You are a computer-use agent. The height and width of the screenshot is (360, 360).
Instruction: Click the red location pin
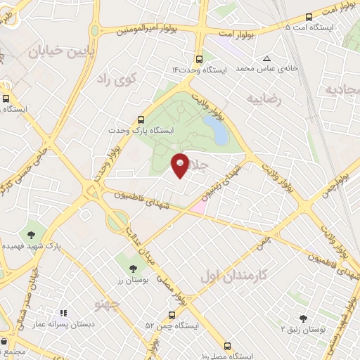click(181, 165)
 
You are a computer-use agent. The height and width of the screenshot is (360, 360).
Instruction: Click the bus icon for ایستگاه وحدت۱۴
click(200, 59)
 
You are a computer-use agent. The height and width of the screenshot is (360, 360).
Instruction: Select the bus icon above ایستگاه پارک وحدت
click(141, 120)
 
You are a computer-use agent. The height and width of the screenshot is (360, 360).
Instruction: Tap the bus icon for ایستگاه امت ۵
click(310, 16)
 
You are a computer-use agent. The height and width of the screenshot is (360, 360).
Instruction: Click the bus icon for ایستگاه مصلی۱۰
click(226, 346)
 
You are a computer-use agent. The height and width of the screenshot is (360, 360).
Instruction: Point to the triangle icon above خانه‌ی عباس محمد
click(266, 58)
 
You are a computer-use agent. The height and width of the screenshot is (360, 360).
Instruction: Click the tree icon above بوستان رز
click(134, 268)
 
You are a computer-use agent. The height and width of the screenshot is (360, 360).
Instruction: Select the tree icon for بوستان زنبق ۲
click(303, 318)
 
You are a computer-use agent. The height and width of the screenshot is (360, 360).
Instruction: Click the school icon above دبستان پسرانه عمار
click(63, 314)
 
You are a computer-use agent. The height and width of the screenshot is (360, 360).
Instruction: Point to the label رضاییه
click(264, 99)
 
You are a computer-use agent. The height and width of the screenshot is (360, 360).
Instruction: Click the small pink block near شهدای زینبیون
click(198, 207)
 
